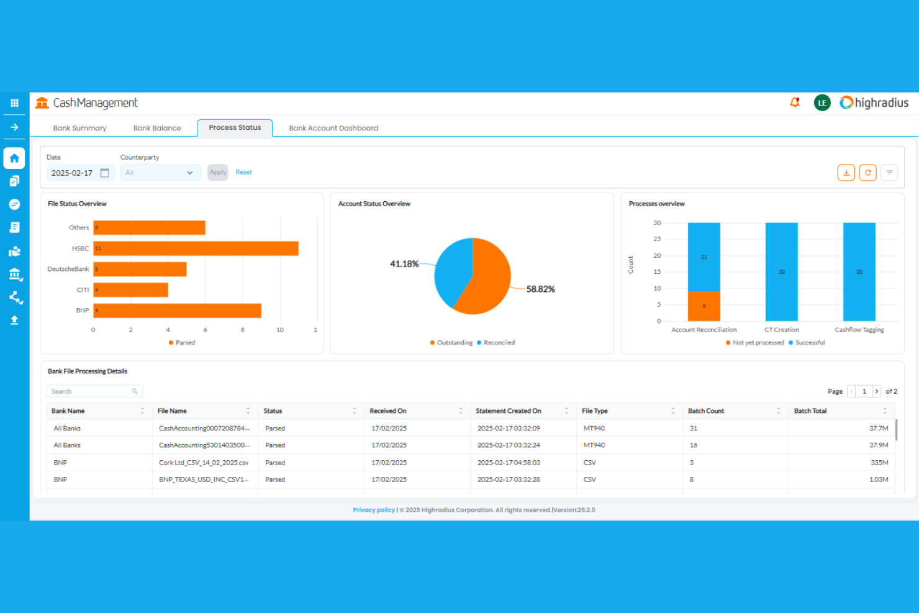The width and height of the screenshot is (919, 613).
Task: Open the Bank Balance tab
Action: (157, 128)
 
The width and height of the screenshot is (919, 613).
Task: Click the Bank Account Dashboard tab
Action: (333, 128)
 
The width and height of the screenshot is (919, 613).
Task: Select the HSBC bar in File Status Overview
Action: (196, 248)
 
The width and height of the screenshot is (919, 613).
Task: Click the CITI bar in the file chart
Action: (130, 290)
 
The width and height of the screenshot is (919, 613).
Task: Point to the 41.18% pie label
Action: (404, 264)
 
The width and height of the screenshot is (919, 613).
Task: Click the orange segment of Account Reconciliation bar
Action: (704, 306)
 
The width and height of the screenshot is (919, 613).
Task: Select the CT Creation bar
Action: (781, 271)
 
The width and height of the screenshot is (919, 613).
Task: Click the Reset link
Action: (243, 172)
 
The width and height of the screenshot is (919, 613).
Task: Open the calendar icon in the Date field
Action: (105, 173)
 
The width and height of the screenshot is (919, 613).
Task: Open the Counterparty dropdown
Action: (160, 173)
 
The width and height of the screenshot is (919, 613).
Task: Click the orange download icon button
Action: (846, 173)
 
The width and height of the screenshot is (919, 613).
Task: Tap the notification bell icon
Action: (794, 102)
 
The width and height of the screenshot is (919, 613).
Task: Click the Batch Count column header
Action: (706, 411)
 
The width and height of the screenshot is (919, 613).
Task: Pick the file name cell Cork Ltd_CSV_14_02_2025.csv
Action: (204, 463)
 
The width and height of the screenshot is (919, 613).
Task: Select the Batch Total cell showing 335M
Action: (879, 463)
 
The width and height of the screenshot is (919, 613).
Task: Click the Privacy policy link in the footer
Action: (373, 510)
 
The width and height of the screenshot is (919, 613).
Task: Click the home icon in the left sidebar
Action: (14, 158)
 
